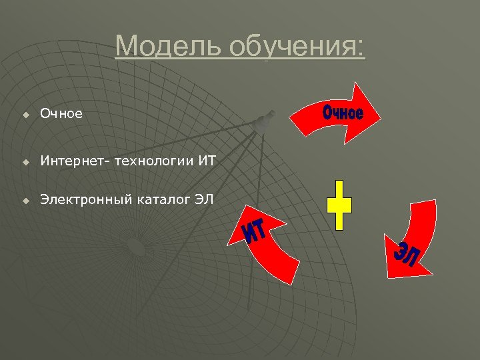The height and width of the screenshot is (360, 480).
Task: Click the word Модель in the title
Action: point(167,47)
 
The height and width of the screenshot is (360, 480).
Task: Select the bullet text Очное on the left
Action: point(61,114)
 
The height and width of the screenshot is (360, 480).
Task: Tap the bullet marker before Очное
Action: point(25,115)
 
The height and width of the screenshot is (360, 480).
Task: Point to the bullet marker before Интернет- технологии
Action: point(25,162)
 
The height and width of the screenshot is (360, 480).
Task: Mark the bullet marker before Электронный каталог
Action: point(25,199)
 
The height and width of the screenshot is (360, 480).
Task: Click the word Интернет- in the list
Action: point(71,161)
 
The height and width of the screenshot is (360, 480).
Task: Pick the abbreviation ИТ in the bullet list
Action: point(207,161)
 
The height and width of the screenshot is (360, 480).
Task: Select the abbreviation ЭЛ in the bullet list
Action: point(203,198)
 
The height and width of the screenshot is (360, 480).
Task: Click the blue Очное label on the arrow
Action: point(343,112)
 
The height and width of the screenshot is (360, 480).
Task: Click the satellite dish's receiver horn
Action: point(265,120)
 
